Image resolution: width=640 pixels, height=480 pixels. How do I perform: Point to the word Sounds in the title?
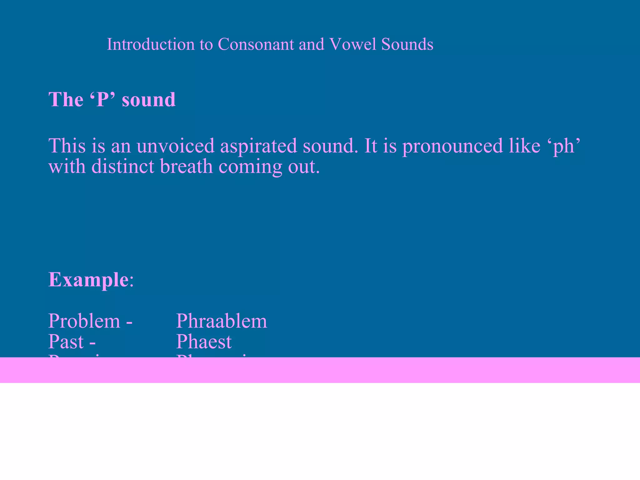(x=407, y=44)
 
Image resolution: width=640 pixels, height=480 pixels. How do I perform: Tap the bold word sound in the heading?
(x=148, y=100)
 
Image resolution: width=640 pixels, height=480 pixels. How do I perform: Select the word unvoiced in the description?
(x=175, y=146)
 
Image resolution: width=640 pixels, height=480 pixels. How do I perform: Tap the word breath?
(x=186, y=166)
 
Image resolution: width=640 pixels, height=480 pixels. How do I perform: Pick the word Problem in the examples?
(x=84, y=321)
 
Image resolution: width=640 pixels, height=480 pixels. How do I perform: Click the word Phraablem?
(x=222, y=321)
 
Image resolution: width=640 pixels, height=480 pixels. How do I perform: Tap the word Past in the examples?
(x=66, y=342)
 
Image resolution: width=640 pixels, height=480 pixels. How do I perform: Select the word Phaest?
(x=204, y=342)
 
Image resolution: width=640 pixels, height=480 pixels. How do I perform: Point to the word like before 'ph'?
(x=524, y=146)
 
